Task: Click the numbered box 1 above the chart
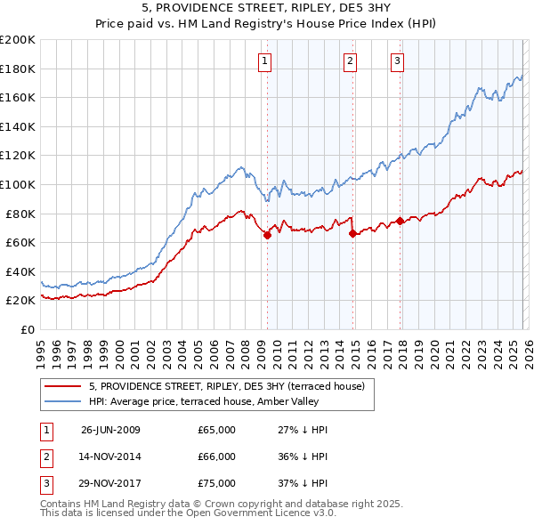(x=266, y=61)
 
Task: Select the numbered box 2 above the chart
(x=351, y=61)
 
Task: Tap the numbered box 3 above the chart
(x=397, y=61)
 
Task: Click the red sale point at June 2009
(x=267, y=235)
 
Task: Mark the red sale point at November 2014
(x=352, y=234)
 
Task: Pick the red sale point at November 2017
(x=400, y=221)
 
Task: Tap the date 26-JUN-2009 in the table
(x=110, y=430)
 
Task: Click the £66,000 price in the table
(x=216, y=456)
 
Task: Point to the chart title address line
(x=266, y=8)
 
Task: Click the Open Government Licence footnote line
(x=189, y=513)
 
